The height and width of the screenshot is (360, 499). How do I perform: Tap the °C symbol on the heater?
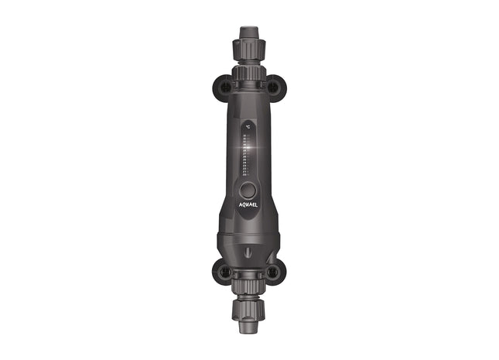(x=248, y=125)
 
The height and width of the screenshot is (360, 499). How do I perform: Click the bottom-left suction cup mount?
(x=221, y=272)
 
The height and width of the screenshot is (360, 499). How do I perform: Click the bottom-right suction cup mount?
(x=274, y=272)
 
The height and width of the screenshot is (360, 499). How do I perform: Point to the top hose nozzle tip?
(x=248, y=33)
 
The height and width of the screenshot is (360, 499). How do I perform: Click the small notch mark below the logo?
(x=248, y=252)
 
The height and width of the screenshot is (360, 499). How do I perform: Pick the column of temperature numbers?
(x=244, y=155)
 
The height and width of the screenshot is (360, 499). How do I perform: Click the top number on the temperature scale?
(x=244, y=136)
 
